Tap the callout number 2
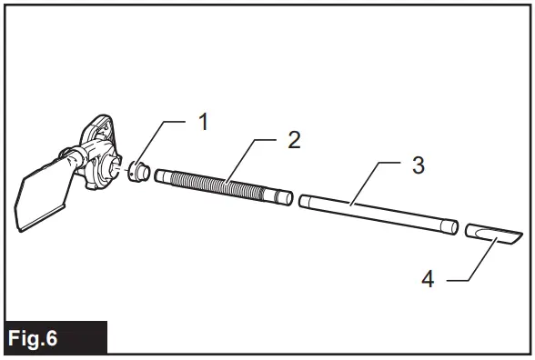click(293, 140)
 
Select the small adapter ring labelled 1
click(138, 170)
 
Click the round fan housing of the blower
click(99, 164)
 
